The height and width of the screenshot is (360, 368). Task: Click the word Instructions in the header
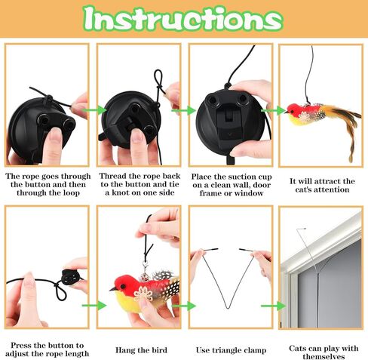point(183,19)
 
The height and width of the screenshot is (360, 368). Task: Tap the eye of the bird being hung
point(123,286)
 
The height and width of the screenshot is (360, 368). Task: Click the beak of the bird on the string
point(286,112)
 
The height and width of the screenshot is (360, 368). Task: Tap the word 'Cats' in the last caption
point(299,349)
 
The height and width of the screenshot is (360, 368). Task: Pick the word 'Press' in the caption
point(21,345)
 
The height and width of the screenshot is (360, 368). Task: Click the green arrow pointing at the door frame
point(273,306)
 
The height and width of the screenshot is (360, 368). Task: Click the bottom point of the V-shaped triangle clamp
point(228,308)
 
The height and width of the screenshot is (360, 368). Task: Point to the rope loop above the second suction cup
point(158,78)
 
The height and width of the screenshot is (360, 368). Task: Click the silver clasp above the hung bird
point(144,266)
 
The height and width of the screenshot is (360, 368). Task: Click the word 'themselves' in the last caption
point(324,356)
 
